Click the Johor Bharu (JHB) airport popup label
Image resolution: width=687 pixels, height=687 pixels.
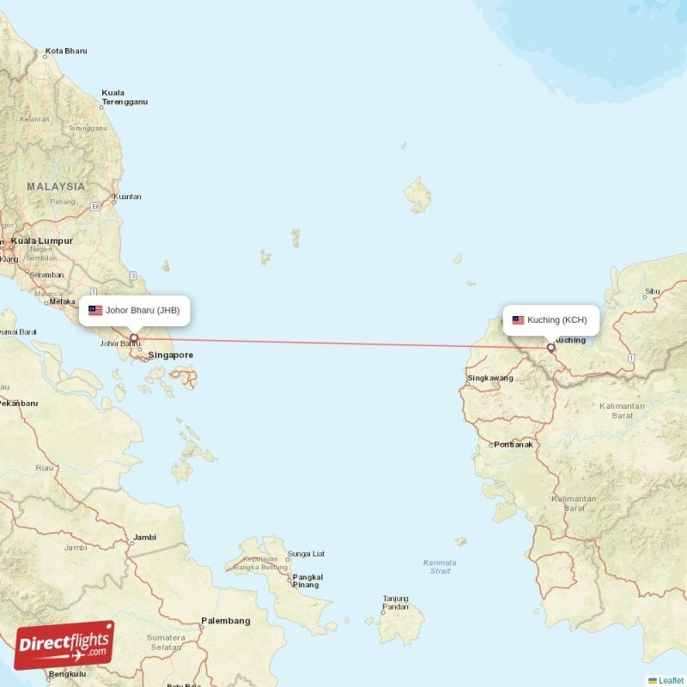tap(134, 310)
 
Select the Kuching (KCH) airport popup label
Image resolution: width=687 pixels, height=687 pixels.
tap(551, 320)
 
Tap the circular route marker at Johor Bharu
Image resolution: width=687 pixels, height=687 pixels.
tap(134, 337)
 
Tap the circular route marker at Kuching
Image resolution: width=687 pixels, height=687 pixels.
tap(551, 348)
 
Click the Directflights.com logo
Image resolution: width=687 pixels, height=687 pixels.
tap(64, 645)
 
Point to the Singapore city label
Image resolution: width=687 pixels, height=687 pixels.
tap(170, 355)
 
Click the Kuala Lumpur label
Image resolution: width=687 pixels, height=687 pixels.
tap(42, 241)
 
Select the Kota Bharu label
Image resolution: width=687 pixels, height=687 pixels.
tap(66, 52)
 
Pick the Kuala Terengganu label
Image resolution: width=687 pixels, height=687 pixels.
tap(125, 97)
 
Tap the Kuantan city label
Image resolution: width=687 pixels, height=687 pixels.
tap(127, 197)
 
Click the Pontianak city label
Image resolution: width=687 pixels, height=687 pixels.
tap(513, 445)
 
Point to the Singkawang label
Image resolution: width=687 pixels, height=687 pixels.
tap(489, 378)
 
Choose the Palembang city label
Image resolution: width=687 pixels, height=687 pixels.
tap(225, 621)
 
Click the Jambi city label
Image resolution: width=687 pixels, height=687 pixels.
tap(144, 538)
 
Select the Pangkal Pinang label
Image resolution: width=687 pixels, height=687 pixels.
tap(307, 581)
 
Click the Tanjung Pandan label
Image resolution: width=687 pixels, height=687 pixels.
tap(395, 602)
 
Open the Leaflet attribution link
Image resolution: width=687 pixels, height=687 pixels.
tap(671, 680)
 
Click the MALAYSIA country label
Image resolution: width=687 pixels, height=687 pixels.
tap(56, 186)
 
